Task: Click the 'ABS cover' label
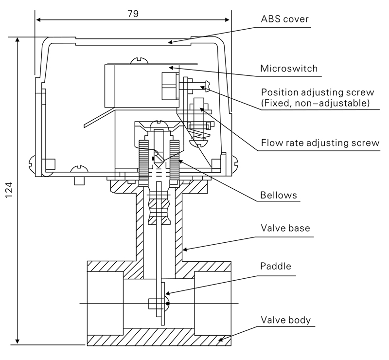pos(284,19)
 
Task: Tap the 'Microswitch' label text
pos(289,68)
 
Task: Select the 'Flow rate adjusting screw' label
pos(320,143)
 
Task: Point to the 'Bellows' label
pos(278,195)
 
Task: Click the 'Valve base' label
pos(285,228)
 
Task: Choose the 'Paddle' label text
pos(275,266)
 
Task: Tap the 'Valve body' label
pos(285,320)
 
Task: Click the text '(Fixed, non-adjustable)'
pos(315,103)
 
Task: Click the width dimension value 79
pos(133,14)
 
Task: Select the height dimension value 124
pos(9,190)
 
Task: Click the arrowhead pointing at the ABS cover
pos(170,42)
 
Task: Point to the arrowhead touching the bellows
pos(181,162)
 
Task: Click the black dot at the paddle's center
pos(168,304)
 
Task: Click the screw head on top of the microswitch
pos(140,60)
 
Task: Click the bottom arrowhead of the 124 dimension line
pos(18,341)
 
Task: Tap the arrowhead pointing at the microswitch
pos(171,67)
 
